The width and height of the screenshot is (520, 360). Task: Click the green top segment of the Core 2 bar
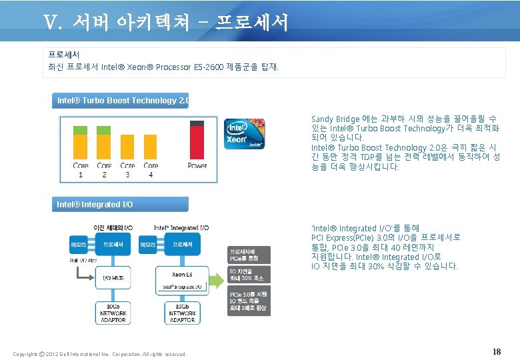click(104, 129)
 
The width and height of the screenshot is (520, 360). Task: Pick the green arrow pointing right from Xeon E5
click(219, 274)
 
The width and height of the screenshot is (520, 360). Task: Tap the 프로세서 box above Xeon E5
click(183, 245)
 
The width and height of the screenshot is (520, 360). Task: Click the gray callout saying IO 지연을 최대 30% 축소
click(249, 274)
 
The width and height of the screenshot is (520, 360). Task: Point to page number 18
click(496, 351)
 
